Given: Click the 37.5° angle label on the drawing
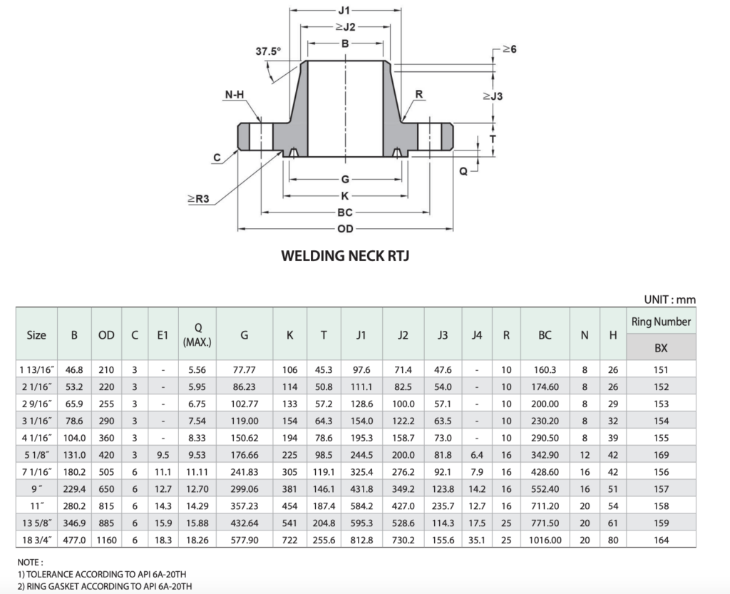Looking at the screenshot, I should coord(268,51).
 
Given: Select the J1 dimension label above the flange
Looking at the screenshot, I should coord(345,11).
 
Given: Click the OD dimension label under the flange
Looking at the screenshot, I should coord(345,229).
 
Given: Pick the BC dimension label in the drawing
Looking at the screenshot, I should coord(345,212).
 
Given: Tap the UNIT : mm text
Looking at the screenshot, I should coord(669,299).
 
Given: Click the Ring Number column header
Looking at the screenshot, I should coord(661,322).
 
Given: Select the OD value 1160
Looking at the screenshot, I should coord(106,540).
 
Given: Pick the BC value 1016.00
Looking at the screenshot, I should coord(545,540).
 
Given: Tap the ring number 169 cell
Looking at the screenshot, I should coord(661,455).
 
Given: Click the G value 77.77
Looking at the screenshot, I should coord(245,370).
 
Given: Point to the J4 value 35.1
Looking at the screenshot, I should coord(476,540).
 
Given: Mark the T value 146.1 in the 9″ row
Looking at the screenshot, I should coord(324,489).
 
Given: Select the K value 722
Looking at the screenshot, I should coord(289,540).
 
